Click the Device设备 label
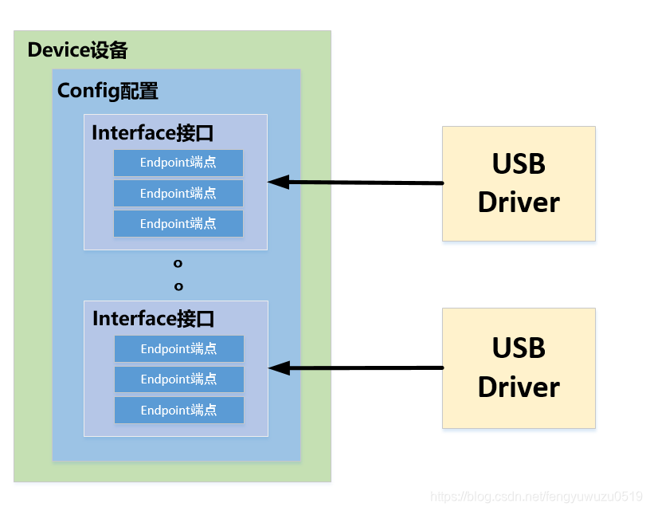tap(77, 50)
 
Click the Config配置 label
tap(108, 91)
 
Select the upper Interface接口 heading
tap(153, 132)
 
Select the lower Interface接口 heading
tap(154, 319)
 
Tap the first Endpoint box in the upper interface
tap(178, 163)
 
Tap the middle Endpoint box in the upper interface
tap(178, 193)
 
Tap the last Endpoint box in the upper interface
tap(178, 223)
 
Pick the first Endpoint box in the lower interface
tap(178, 348)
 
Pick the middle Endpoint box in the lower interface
tap(178, 379)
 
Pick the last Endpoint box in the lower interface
tap(178, 410)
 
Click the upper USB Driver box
tap(519, 183)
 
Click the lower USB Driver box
tap(519, 368)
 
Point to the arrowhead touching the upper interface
tap(278, 182)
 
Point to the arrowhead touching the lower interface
tap(278, 368)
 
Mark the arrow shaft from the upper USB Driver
tap(366, 183)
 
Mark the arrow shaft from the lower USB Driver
tap(366, 368)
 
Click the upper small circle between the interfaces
tap(178, 263)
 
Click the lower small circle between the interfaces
tap(178, 285)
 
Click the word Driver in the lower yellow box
tap(519, 387)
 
